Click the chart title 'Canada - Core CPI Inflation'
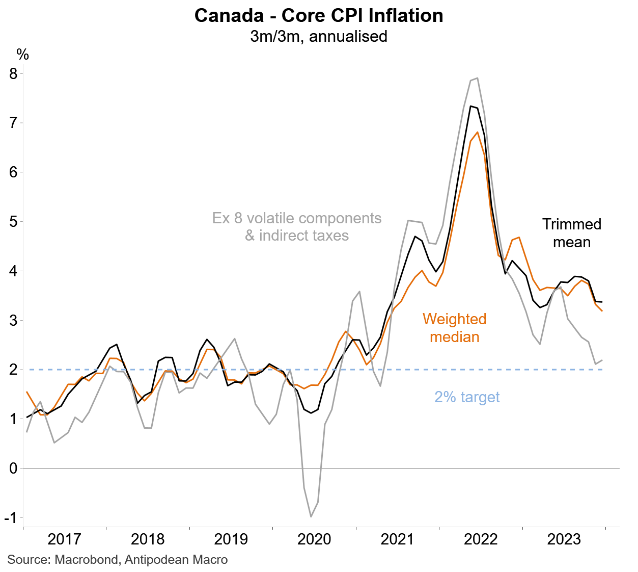[319, 16]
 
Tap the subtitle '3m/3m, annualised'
[319, 37]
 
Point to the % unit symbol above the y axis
[23, 55]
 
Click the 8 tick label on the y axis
[13, 74]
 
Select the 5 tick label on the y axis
[13, 222]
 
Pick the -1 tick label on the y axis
[11, 517]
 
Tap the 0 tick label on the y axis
[13, 468]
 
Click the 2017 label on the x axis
[64, 539]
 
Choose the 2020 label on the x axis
[314, 539]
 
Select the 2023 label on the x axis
[564, 539]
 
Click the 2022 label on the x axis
[481, 539]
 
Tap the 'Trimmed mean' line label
[572, 233]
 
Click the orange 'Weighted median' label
[454, 328]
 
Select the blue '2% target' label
[467, 397]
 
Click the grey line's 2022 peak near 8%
[477, 78]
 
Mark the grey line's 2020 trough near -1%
[311, 516]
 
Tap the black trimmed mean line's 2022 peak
[470, 106]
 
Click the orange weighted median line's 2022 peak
[477, 133]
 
